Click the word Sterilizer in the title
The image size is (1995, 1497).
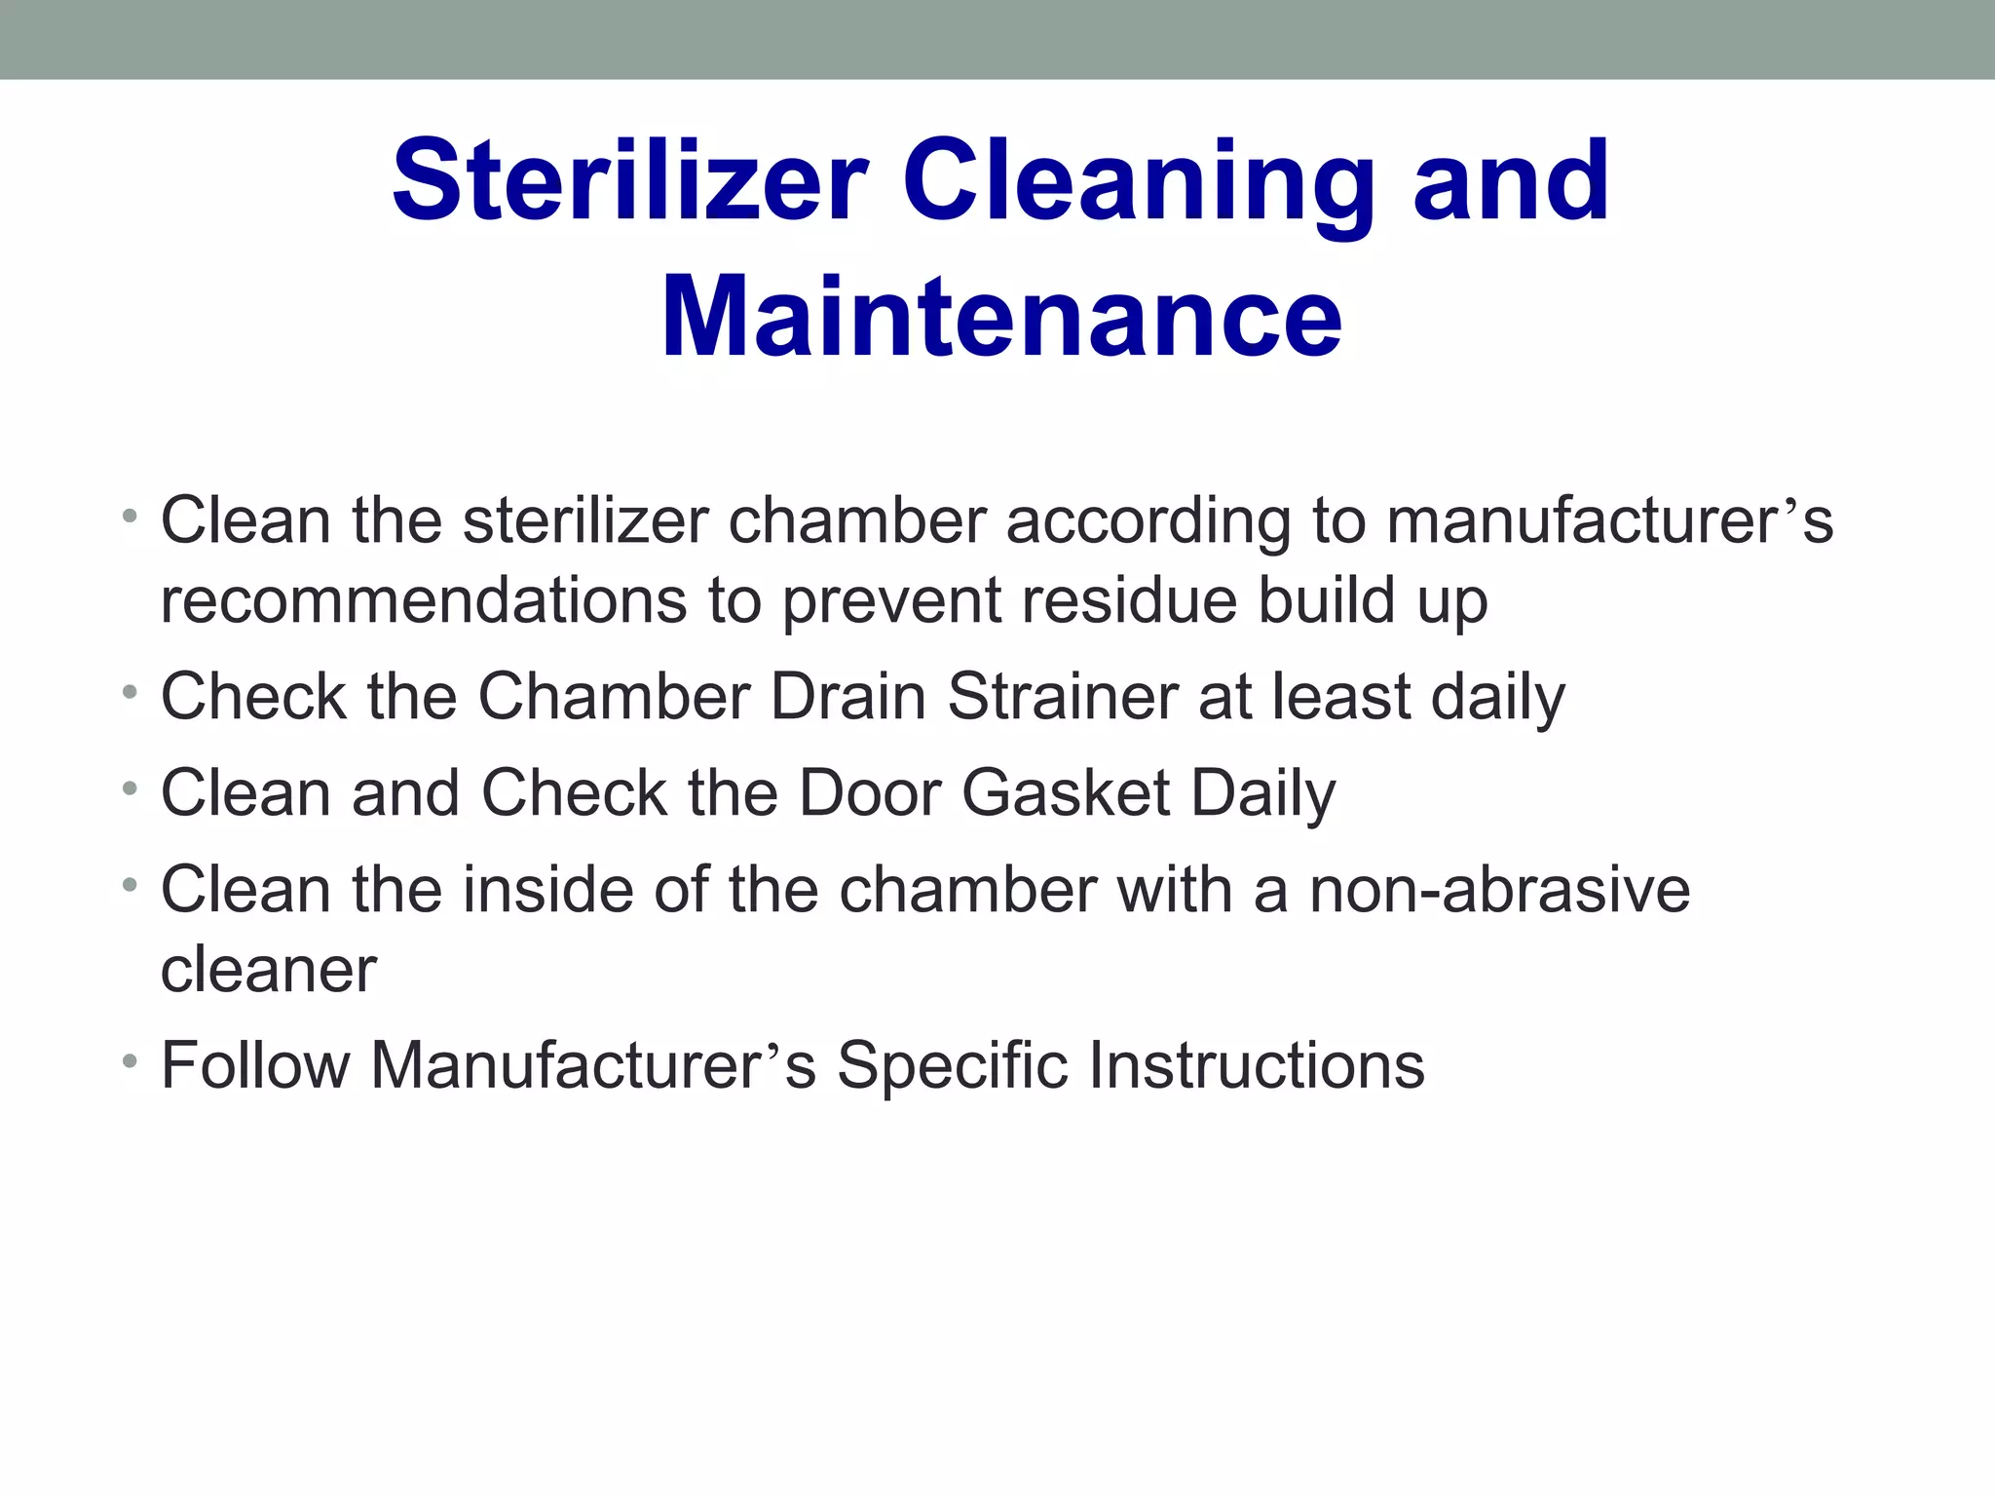coord(629,181)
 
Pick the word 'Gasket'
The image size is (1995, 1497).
coord(1066,792)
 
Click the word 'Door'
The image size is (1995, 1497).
coord(870,792)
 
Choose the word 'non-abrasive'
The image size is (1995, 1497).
coord(1499,890)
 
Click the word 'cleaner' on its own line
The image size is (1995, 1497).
coord(268,970)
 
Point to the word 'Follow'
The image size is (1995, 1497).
coord(255,1064)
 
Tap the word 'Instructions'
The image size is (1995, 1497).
coord(1257,1064)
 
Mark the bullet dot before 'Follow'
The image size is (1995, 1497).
coord(130,1060)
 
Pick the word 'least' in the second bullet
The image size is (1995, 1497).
coord(1339,697)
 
